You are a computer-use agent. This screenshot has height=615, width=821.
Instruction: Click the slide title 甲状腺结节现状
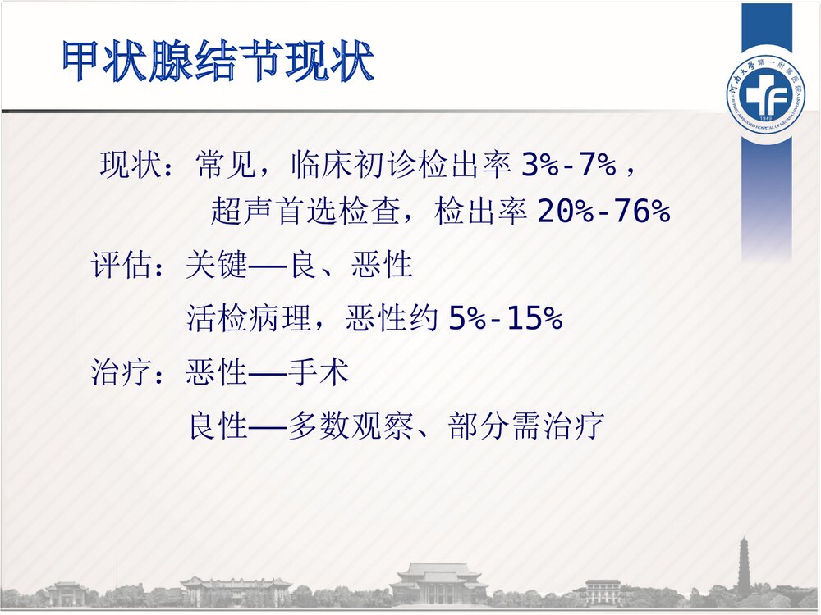[x=218, y=62]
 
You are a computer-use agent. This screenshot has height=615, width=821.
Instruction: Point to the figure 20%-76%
[x=603, y=213]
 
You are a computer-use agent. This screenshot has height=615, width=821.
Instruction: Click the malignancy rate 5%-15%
[x=505, y=319]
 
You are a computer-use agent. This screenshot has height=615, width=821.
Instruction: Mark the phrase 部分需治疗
[x=526, y=426]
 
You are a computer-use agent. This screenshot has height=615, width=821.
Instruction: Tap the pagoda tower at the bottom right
[x=745, y=565]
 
